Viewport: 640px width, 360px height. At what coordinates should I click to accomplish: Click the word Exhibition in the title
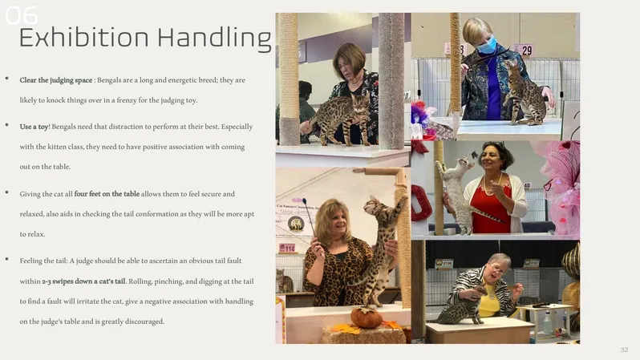tap(83, 38)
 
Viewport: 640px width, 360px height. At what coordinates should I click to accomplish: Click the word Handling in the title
tap(215, 38)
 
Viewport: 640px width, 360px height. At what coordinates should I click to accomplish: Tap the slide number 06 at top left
tap(21, 15)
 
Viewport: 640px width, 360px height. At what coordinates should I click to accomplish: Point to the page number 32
tap(624, 350)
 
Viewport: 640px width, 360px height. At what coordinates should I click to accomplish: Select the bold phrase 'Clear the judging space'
tap(56, 80)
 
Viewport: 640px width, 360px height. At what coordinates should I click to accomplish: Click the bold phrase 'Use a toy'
tap(34, 127)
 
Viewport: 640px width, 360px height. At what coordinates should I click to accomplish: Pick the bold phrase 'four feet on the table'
tap(107, 194)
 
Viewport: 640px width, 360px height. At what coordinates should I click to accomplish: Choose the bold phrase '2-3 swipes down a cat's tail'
tap(83, 281)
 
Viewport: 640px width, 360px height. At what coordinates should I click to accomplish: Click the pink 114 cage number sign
tap(287, 248)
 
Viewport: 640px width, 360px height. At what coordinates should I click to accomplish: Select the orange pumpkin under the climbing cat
tap(367, 318)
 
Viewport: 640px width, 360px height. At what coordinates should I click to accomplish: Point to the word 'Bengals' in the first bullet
tap(109, 80)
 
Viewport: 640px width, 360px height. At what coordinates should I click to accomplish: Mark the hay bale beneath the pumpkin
tap(363, 334)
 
